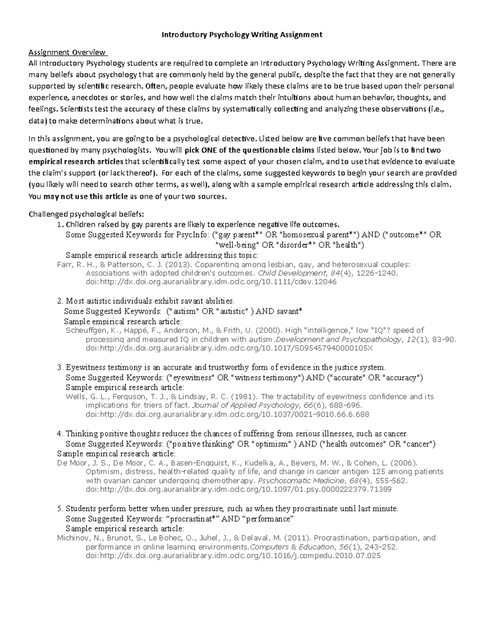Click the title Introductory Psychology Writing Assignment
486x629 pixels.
click(242, 34)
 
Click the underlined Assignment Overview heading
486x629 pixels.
click(67, 52)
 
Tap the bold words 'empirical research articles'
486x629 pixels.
click(76, 161)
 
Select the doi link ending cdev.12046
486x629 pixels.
click(211, 282)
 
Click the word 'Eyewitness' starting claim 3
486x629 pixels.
click(83, 368)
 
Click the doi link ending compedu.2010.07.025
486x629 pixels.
click(233, 556)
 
